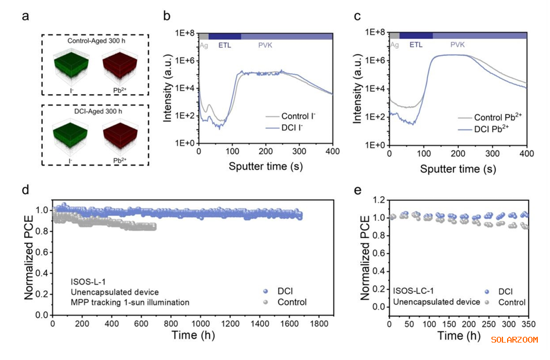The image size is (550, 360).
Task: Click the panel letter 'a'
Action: tap(26, 16)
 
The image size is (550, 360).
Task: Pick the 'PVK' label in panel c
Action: tap(458, 44)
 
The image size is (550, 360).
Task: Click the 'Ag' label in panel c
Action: tap(395, 44)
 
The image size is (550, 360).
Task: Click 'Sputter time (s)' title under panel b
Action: tap(266, 167)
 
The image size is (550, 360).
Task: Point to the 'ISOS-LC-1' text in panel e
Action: tap(413, 291)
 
